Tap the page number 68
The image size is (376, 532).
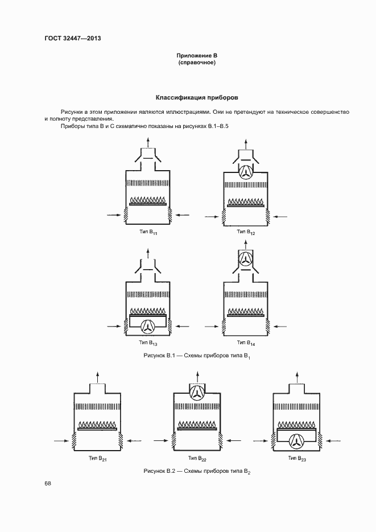(48, 484)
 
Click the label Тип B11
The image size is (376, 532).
(148, 232)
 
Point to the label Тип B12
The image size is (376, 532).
(246, 232)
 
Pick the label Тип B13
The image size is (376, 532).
(148, 343)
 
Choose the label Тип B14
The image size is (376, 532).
(246, 343)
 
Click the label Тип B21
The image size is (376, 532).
(98, 459)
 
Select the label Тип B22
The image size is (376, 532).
(197, 459)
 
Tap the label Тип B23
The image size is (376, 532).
(296, 459)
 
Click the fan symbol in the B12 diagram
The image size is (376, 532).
(246, 173)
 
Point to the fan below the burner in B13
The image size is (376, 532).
(148, 326)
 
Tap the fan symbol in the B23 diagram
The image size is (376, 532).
(296, 440)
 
